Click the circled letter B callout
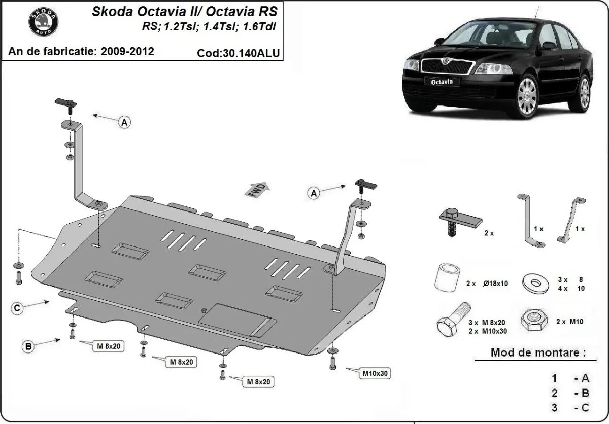pos(29,347)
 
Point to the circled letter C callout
pos(18,307)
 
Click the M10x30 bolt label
pos(375,374)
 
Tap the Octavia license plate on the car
pos(439,81)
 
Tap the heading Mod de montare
pos(538,352)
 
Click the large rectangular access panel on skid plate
pos(236,320)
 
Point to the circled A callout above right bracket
pos(314,193)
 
